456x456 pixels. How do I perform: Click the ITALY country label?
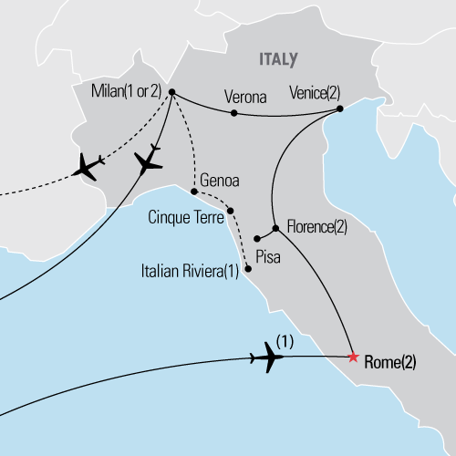[x=278, y=59]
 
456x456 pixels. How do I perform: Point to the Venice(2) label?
[x=313, y=93]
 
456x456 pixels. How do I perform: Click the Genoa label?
[x=220, y=181]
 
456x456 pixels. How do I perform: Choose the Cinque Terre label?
[x=186, y=220]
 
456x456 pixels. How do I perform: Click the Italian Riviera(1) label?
[x=190, y=271]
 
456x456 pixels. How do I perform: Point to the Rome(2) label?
[x=389, y=362]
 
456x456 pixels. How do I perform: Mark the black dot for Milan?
[x=171, y=91]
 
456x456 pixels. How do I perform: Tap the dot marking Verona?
[x=234, y=113]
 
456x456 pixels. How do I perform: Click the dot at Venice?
[x=339, y=109]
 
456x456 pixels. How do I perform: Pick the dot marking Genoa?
[x=194, y=192]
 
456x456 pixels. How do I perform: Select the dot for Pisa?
[x=257, y=240]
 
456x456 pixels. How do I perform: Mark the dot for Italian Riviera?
[x=248, y=269]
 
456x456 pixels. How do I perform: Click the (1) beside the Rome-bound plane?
[x=284, y=345]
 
